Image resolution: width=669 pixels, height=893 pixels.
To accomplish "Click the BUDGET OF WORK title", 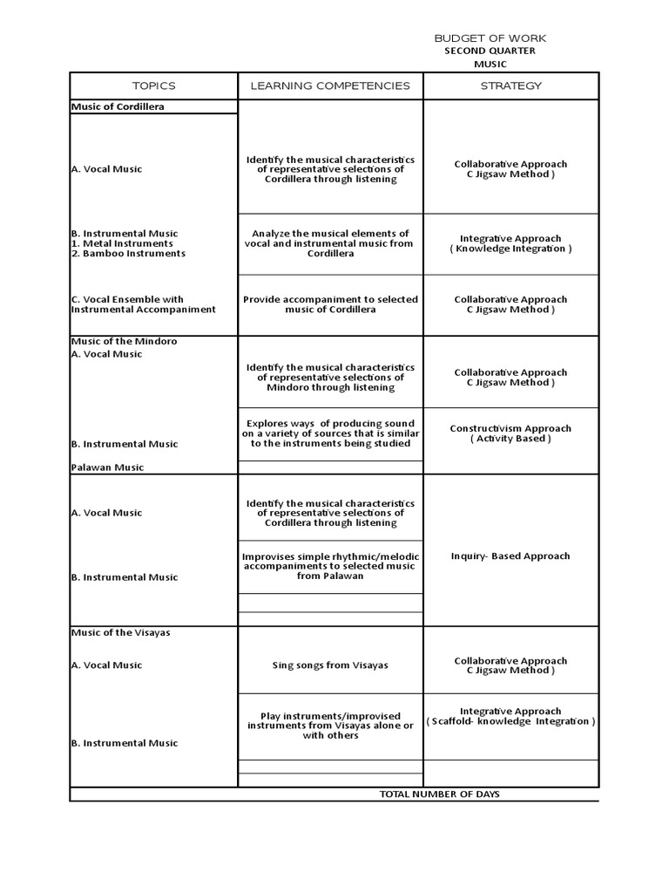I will tap(490, 38).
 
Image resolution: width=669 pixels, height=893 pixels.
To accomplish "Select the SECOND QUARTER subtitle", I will tap(490, 51).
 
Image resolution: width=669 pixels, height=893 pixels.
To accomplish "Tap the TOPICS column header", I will tap(153, 85).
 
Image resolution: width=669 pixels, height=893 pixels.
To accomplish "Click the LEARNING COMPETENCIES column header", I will tap(330, 85).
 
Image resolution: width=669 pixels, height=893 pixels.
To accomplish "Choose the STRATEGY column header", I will tap(510, 85).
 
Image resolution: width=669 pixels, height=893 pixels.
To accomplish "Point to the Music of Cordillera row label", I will tap(118, 106).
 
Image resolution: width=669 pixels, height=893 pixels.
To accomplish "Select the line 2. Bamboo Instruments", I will tap(128, 254).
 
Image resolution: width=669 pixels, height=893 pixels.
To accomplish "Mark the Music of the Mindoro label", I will tap(124, 341).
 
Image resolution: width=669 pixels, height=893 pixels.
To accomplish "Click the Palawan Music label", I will tap(107, 467).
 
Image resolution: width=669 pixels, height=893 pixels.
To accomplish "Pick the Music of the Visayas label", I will tap(120, 632).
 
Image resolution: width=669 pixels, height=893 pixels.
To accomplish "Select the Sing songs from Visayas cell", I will tap(330, 665).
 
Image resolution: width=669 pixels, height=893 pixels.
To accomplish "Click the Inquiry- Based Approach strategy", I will tap(510, 556).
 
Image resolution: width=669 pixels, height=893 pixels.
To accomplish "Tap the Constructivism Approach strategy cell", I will tap(510, 433).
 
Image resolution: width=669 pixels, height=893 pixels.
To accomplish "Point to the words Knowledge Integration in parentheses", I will tap(510, 249).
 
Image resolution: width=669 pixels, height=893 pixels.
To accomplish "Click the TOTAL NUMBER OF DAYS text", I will tap(439, 794).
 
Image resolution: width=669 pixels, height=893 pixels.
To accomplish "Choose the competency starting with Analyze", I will tap(330, 243).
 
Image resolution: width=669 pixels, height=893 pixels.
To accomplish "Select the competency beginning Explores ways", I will tap(330, 433).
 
